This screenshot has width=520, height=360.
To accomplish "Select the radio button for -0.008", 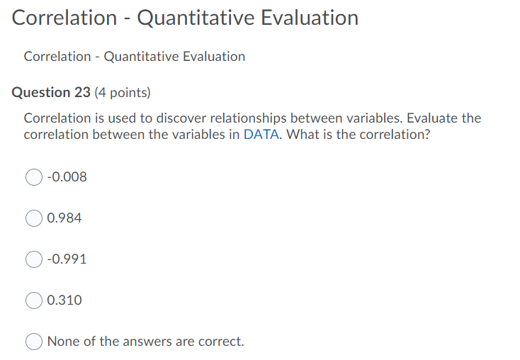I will point(34,177).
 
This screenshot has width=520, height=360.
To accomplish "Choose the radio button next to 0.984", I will point(34,218).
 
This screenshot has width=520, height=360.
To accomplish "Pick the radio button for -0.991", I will point(34,259).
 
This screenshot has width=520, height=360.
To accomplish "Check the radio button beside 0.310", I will point(34,300).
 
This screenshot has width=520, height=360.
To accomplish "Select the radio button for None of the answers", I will point(34,342).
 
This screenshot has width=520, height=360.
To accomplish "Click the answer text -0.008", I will point(67,177).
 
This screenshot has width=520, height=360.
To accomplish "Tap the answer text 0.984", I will point(64,218).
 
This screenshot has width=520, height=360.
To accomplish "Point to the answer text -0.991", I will point(67,259).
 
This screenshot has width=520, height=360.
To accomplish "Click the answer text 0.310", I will point(64,300).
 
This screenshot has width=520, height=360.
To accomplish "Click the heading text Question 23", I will point(52,92).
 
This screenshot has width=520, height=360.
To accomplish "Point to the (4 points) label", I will point(123,92).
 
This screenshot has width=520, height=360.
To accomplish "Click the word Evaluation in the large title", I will point(310,18).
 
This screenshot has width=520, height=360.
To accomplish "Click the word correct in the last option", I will point(220,342).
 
